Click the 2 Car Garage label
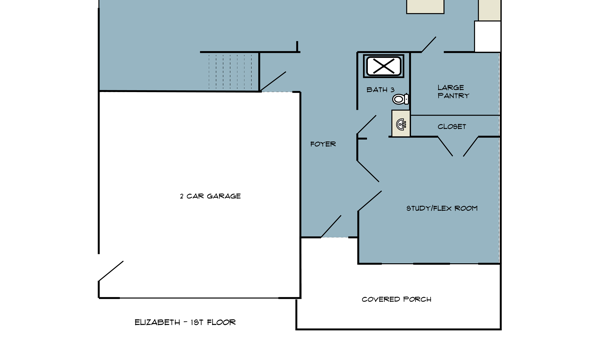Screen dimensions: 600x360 pyautogui.click(x=210, y=196)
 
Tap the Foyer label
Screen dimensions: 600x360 pyautogui.click(x=323, y=144)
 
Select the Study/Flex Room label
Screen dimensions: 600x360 pyautogui.click(x=442, y=209)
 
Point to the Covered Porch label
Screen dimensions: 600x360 pyautogui.click(x=396, y=299)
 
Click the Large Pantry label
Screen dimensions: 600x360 pyautogui.click(x=453, y=92)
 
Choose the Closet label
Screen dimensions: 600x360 pyautogui.click(x=452, y=127)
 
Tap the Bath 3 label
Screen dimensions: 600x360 pyautogui.click(x=380, y=90)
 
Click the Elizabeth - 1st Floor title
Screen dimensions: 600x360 pyautogui.click(x=185, y=323)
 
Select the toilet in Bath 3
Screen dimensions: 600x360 pyautogui.click(x=401, y=99)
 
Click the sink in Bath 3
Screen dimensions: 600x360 pyautogui.click(x=401, y=124)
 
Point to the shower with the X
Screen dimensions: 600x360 pyautogui.click(x=383, y=66)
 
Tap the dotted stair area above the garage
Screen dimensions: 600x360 pyautogui.click(x=233, y=72)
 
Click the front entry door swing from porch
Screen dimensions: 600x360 pyautogui.click(x=331, y=226)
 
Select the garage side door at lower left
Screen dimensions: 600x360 pyautogui.click(x=111, y=271)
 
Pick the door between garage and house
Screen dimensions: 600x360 pyautogui.click(x=273, y=81)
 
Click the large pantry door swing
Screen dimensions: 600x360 pyautogui.click(x=429, y=44)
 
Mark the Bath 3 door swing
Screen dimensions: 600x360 pyautogui.click(x=367, y=125)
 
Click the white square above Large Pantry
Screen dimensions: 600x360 pyautogui.click(x=488, y=37)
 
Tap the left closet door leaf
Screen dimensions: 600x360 pyautogui.click(x=445, y=147)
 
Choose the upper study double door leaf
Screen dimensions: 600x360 pyautogui.click(x=368, y=171)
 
